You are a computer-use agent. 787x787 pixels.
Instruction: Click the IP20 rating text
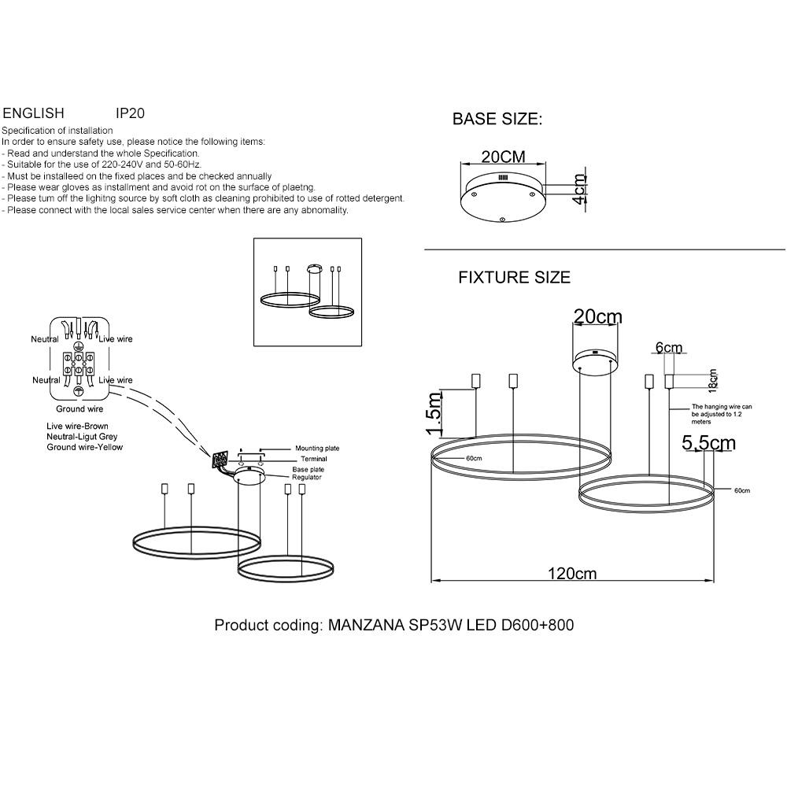point(130,113)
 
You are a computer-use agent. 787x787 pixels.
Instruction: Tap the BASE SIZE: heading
point(497,119)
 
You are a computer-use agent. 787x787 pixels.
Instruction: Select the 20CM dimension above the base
point(504,157)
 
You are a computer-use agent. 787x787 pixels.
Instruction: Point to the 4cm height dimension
point(580,189)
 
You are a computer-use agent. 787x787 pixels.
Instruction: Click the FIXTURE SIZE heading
point(515,278)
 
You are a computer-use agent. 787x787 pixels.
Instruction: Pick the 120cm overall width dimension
point(572,573)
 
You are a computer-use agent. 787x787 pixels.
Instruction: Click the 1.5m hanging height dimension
point(433,414)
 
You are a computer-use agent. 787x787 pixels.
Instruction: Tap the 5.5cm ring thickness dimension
point(708,442)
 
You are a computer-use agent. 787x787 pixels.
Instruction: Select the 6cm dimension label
point(669,347)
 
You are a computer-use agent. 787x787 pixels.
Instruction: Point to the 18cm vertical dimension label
point(713,380)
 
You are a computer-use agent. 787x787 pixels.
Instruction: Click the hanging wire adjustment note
point(721,414)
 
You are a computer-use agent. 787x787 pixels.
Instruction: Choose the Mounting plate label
point(317,449)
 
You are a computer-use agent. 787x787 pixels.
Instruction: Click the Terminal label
point(314,459)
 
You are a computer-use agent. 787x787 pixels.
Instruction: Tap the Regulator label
point(307,478)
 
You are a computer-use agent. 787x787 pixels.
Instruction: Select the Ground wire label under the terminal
point(79,409)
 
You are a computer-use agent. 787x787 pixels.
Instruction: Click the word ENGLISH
point(34,113)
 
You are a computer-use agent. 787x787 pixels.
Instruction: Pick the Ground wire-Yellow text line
point(85,447)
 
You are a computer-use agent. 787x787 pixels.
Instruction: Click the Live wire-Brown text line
point(77,426)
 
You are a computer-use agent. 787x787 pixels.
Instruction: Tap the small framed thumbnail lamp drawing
point(308,292)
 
